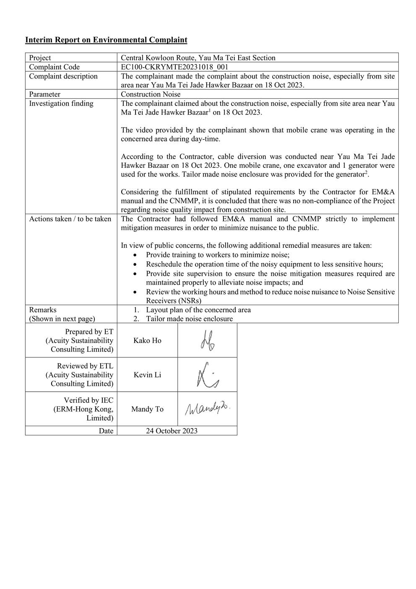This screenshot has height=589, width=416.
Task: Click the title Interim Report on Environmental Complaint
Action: pyautogui.click(x=106, y=40)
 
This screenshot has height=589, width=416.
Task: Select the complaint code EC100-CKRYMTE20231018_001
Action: pyautogui.click(x=174, y=67)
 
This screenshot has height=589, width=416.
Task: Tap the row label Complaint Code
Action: pyautogui.click(x=54, y=67)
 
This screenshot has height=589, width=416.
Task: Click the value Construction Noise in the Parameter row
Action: pyautogui.click(x=151, y=94)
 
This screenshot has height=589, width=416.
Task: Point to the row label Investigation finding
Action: pyautogui.click(x=61, y=103)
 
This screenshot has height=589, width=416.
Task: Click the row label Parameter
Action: pyautogui.click(x=44, y=94)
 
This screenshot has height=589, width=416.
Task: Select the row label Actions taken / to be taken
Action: pyautogui.click(x=70, y=219)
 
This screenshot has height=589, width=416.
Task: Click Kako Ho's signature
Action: pyautogui.click(x=207, y=340)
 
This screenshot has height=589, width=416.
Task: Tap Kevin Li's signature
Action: pyautogui.click(x=207, y=374)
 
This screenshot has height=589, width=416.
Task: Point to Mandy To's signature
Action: pyautogui.click(x=207, y=408)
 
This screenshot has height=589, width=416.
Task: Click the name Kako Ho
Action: pyautogui.click(x=147, y=340)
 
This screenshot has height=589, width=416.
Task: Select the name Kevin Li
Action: pyautogui.click(x=147, y=375)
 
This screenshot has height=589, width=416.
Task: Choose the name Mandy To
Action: pyautogui.click(x=147, y=409)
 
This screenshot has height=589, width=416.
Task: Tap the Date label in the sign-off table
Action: pyautogui.click(x=106, y=431)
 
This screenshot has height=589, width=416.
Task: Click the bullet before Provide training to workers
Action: pyautogui.click(x=134, y=255)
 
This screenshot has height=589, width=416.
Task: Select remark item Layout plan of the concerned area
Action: pyautogui.click(x=198, y=310)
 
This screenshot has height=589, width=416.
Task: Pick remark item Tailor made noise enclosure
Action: pyautogui.click(x=189, y=319)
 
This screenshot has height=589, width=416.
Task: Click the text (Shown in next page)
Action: pyautogui.click(x=62, y=319)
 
